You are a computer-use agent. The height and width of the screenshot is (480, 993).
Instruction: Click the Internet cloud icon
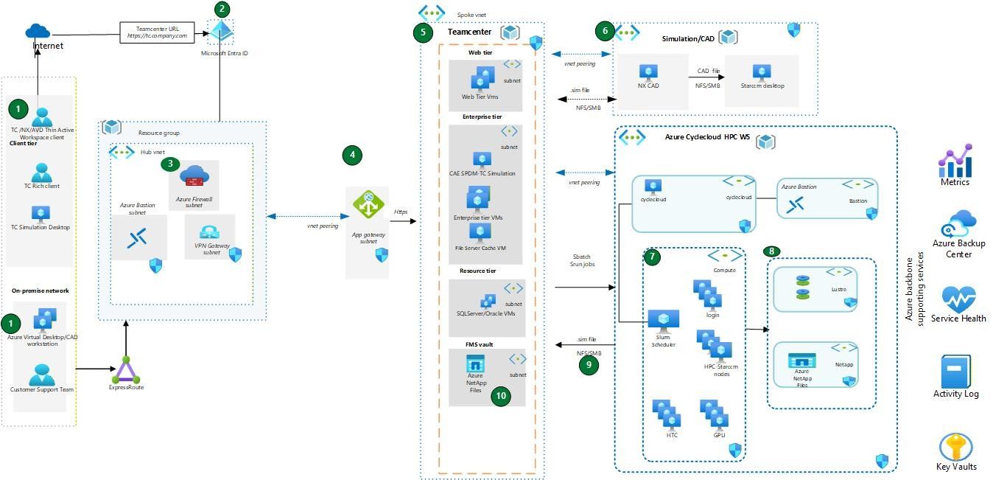38,30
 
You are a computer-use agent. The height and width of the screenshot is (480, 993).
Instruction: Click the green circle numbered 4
353,155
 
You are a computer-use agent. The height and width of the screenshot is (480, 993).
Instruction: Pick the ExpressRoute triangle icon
126,369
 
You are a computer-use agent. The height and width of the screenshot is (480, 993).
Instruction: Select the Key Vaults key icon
955,447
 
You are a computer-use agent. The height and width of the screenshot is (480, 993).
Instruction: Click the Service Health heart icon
958,300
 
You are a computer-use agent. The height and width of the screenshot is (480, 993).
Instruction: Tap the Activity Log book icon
955,372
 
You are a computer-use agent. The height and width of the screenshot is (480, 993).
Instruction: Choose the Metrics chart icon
955,161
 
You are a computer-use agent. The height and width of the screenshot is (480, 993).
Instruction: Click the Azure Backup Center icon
958,223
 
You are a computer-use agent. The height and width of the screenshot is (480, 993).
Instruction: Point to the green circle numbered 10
501,396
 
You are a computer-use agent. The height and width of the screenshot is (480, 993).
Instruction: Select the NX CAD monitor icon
648,72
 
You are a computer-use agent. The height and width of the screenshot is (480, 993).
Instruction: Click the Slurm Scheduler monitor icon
663,319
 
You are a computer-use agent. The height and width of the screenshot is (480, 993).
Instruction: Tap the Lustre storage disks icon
802,288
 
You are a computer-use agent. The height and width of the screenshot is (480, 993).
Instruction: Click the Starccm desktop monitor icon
762,72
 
